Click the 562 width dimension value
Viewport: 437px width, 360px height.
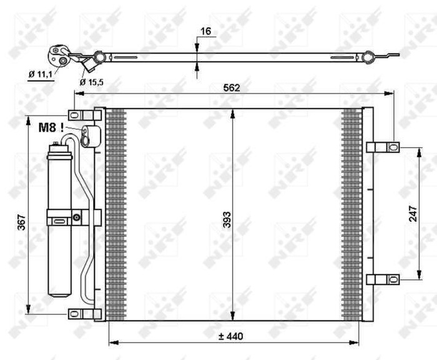[233, 88]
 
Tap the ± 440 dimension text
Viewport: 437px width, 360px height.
[230, 336]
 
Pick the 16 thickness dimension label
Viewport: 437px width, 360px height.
[205, 31]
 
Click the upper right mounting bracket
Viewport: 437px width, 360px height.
[382, 147]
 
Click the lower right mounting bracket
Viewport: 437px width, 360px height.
[382, 279]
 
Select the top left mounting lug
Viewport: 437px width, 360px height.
[81, 116]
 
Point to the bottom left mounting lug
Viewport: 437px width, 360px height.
[81, 313]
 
